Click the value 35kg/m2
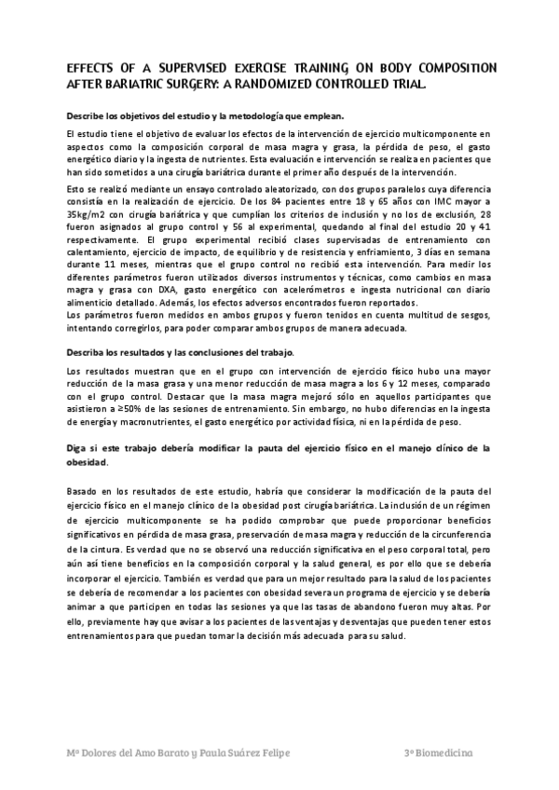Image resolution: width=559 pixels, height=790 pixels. pyautogui.click(x=89, y=214)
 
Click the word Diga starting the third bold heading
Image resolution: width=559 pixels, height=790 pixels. pyautogui.click(x=78, y=447)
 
